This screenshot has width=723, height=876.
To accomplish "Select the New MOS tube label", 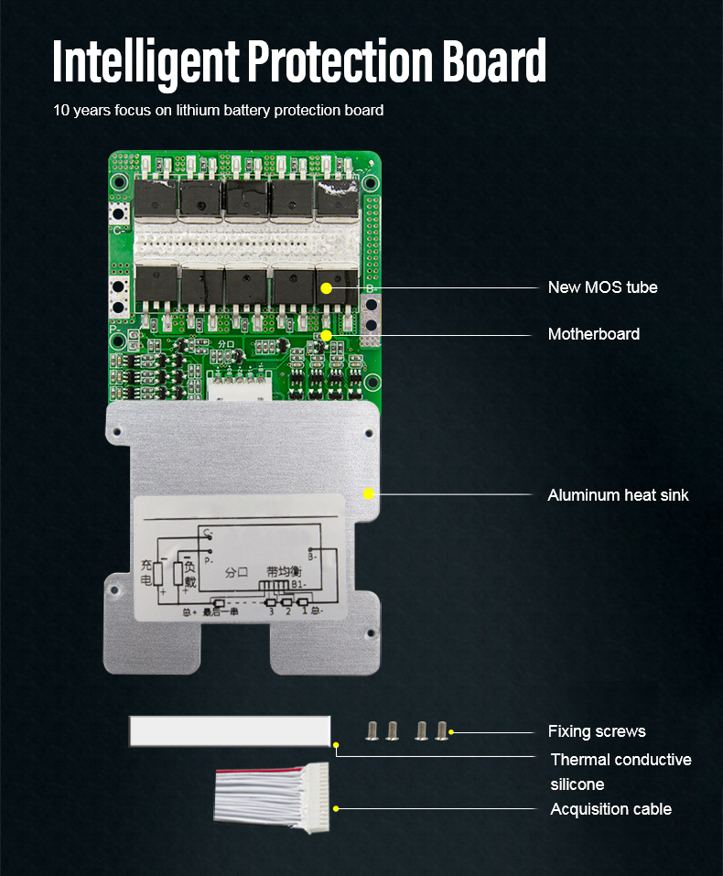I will point(602,287).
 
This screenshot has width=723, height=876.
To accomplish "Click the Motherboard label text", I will point(593,334).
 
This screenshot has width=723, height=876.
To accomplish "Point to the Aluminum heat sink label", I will point(618,495).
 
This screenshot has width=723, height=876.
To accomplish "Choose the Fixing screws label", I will point(597,731).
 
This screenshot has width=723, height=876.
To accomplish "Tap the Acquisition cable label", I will point(610,809).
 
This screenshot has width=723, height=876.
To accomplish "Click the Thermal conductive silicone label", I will point(620,772).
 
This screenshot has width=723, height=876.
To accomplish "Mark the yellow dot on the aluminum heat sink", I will point(369,494).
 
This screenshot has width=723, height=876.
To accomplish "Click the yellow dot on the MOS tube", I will point(327,287).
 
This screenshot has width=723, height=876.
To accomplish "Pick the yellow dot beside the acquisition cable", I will point(337,808).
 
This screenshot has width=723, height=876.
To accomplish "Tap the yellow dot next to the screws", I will point(452,731).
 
